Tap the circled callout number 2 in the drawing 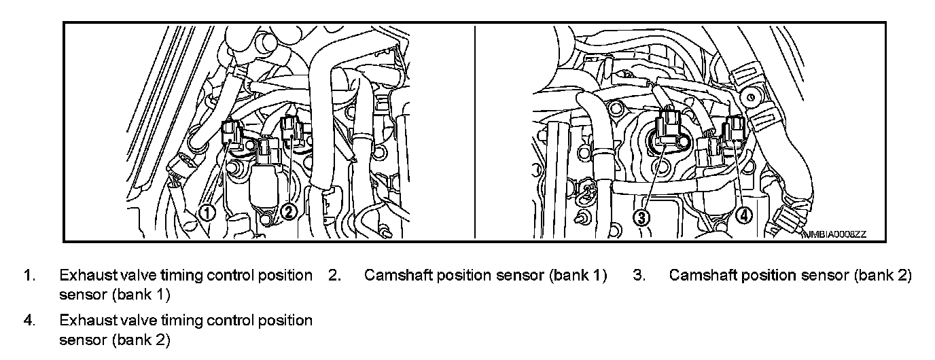pos(289,212)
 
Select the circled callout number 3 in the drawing pos(642,217)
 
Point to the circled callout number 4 pos(744,215)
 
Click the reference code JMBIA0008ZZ pos(834,234)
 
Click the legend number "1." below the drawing pos(29,276)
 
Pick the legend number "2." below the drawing pos(334,276)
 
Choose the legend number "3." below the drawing pos(638,276)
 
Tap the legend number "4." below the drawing pos(29,320)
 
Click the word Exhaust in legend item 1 pos(85,276)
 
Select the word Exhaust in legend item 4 pos(85,320)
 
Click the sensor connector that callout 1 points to pos(232,133)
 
